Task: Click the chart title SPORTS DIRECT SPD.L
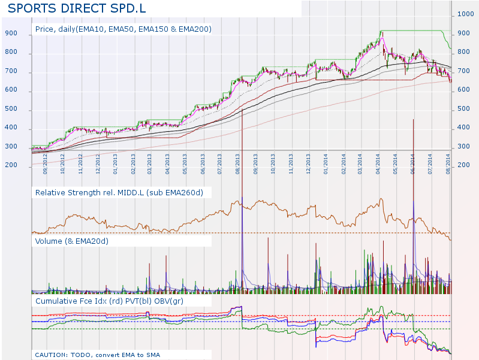[x=76, y=9]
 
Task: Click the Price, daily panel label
[x=123, y=29]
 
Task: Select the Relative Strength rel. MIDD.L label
[x=119, y=192]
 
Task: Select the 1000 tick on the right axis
[x=465, y=14]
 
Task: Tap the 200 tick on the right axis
[x=463, y=165]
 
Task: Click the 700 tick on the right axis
[x=463, y=71]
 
